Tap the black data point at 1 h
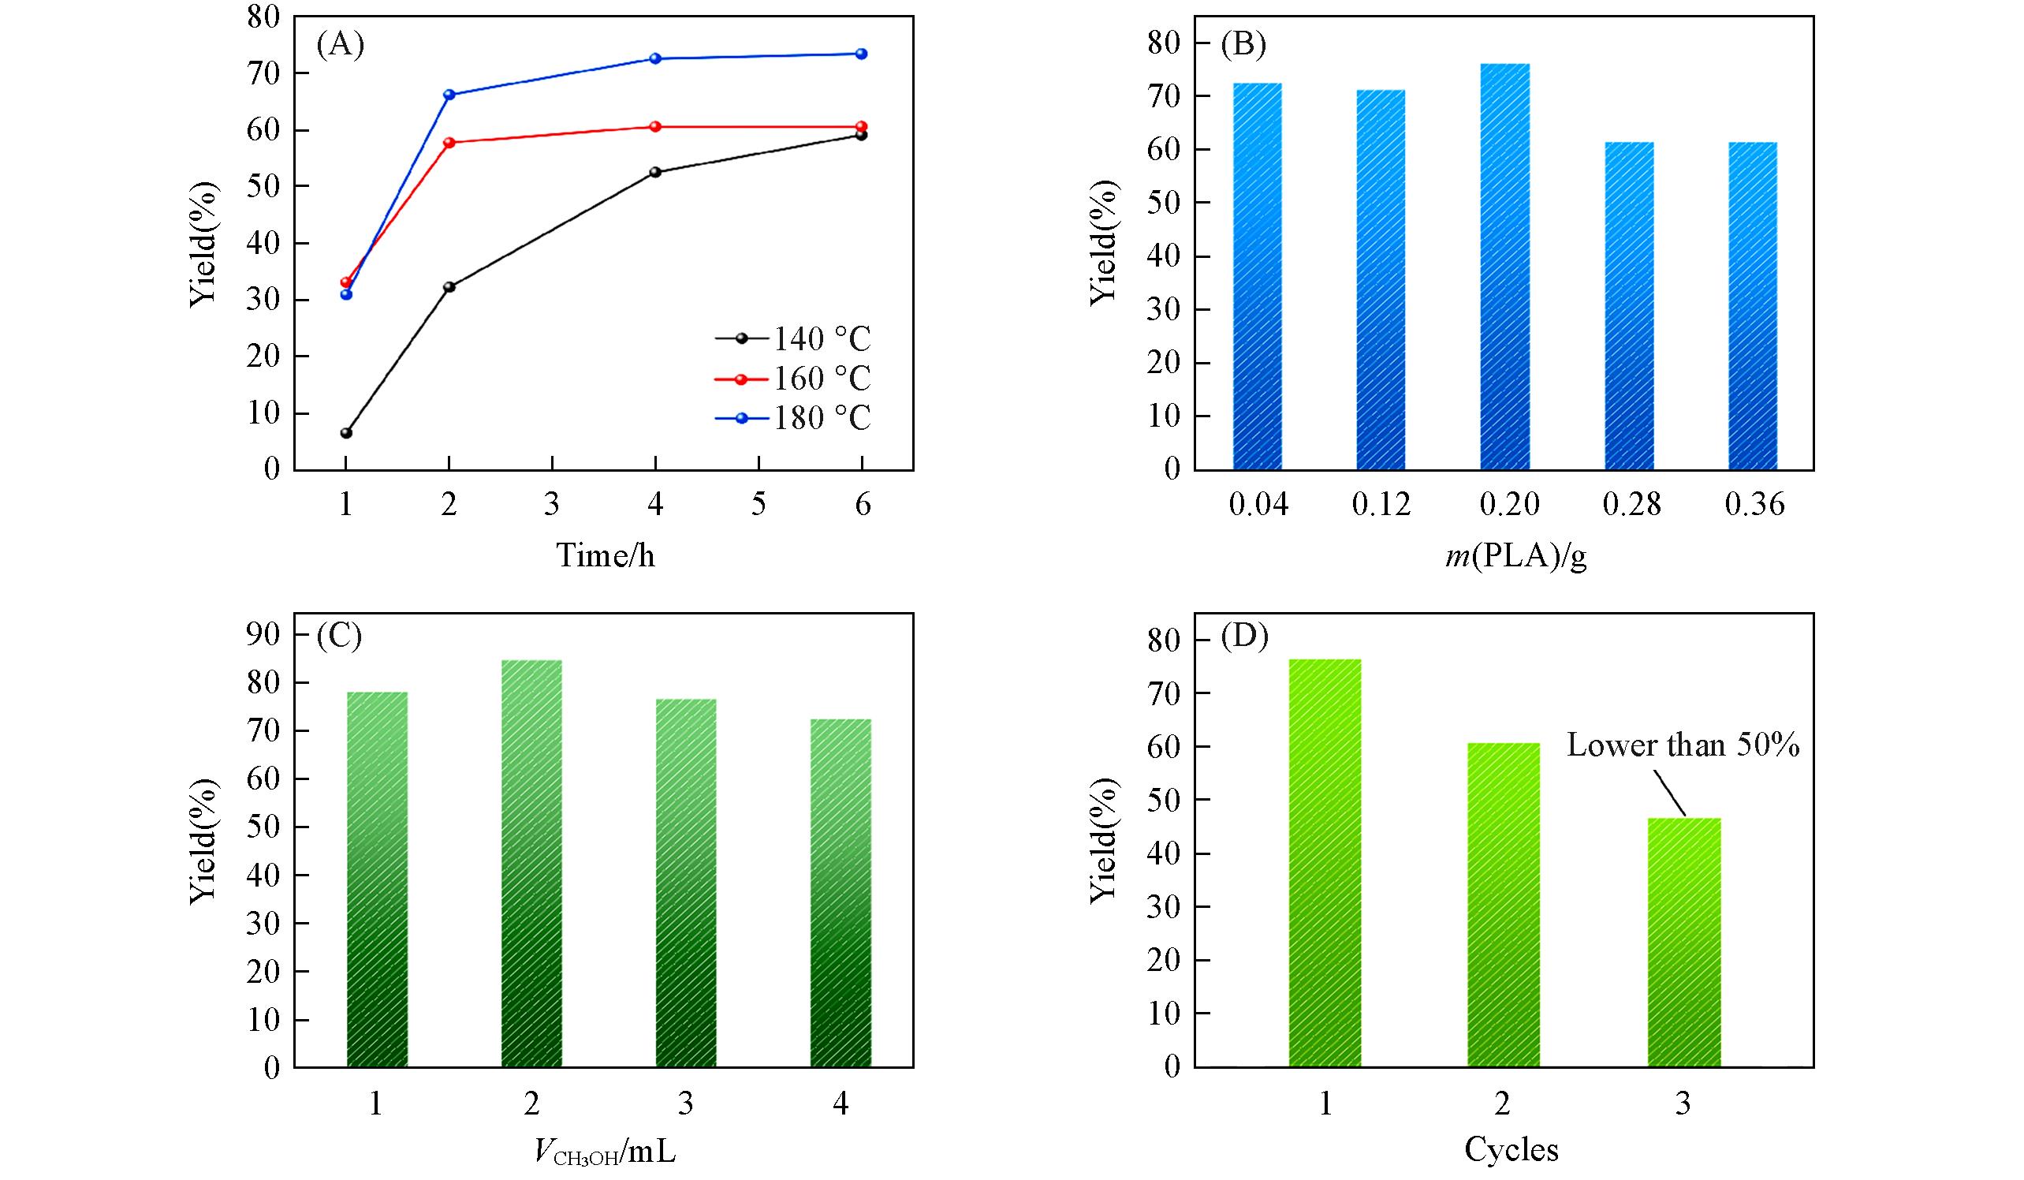tap(346, 433)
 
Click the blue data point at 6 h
tap(862, 54)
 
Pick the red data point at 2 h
tap(449, 143)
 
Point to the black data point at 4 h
tap(655, 172)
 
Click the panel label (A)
tap(341, 45)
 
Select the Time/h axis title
tap(606, 555)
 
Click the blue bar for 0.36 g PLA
tap(1752, 305)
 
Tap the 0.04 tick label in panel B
tap(1258, 505)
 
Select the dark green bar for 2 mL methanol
tap(531, 864)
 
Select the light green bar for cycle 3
tap(1683, 942)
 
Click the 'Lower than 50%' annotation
tap(1683, 745)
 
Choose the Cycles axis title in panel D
tap(1511, 1150)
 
